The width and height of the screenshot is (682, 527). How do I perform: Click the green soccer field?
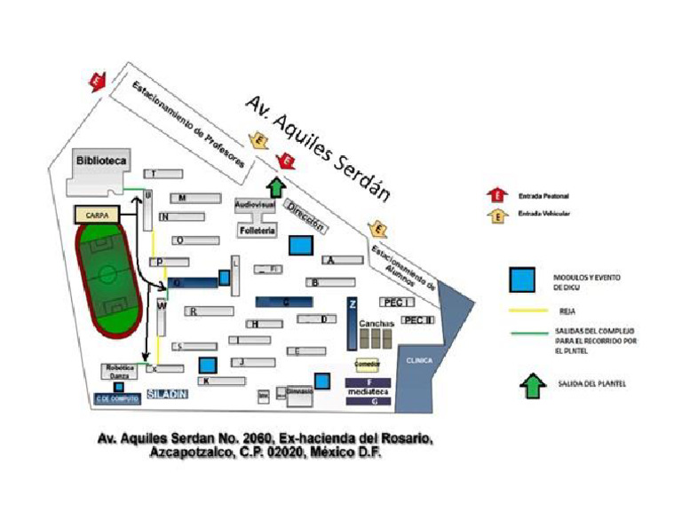click(107, 279)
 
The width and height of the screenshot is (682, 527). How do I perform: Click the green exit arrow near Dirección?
click(276, 188)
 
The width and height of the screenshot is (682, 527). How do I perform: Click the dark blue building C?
click(284, 302)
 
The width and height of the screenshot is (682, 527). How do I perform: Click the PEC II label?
click(417, 320)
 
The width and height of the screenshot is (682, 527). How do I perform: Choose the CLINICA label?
click(419, 361)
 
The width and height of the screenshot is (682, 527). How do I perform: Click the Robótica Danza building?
click(120, 373)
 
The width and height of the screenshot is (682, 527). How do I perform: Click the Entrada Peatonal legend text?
click(544, 195)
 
